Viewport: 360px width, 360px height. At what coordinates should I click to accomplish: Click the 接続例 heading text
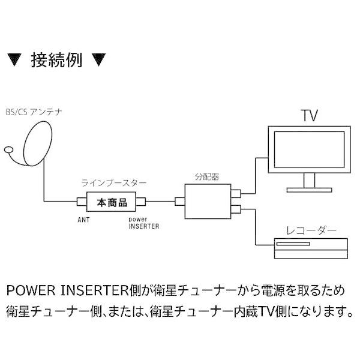58,61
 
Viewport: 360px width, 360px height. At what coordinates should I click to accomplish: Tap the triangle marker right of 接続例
99,61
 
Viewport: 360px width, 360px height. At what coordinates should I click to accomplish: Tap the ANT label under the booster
83,220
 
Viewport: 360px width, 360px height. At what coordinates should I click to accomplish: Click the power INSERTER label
142,223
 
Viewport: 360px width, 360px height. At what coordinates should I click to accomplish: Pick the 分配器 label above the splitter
206,177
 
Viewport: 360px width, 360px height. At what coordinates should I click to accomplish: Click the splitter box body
208,202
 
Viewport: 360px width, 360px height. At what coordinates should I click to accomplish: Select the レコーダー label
308,230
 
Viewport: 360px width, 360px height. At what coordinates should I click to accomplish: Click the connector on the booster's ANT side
81,201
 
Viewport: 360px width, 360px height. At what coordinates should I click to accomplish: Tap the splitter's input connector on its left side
179,202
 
